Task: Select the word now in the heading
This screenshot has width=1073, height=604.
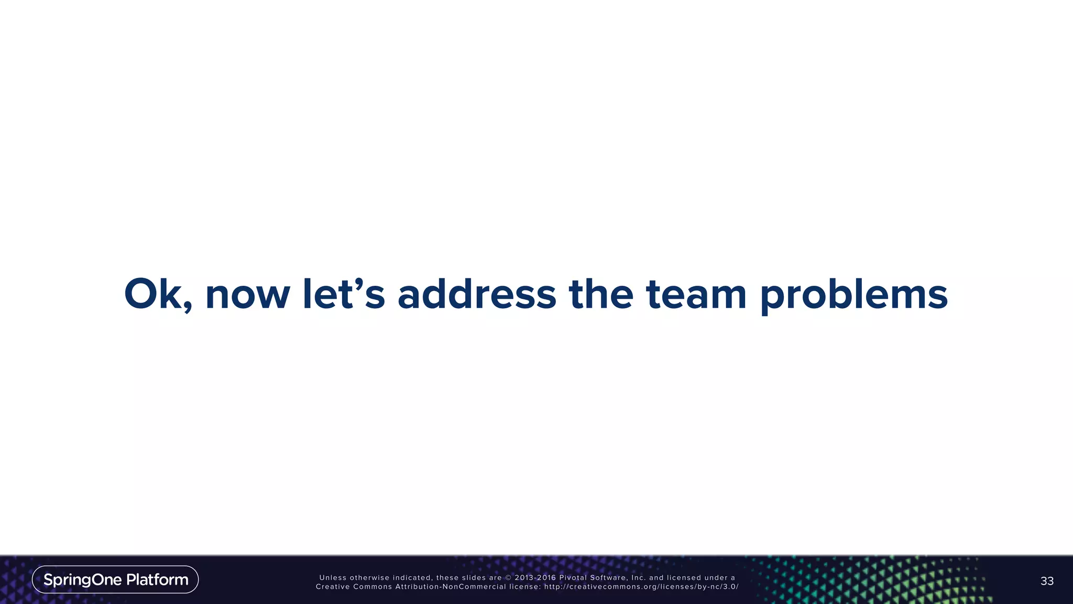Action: pyautogui.click(x=247, y=295)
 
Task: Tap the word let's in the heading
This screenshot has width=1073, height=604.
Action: pyautogui.click(x=344, y=294)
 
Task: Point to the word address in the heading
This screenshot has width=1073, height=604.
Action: pyautogui.click(x=476, y=294)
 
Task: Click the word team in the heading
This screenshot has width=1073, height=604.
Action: pyautogui.click(x=696, y=294)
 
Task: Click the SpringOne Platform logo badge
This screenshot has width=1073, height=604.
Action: pyautogui.click(x=115, y=579)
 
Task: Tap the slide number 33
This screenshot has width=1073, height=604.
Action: pyautogui.click(x=1047, y=581)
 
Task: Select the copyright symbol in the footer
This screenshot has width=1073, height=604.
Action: pyautogui.click(x=508, y=578)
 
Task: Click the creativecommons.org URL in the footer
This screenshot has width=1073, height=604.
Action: pyautogui.click(x=641, y=587)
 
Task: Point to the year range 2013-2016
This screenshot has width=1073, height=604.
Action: pyautogui.click(x=535, y=578)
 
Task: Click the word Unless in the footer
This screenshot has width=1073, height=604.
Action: pyautogui.click(x=333, y=578)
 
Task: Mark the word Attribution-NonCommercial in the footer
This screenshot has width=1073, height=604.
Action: pyautogui.click(x=450, y=587)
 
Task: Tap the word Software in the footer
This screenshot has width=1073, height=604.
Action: pyautogui.click(x=608, y=578)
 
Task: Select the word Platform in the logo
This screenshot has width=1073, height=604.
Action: pyautogui.click(x=157, y=579)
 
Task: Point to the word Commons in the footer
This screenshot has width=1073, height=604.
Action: pyautogui.click(x=373, y=587)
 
